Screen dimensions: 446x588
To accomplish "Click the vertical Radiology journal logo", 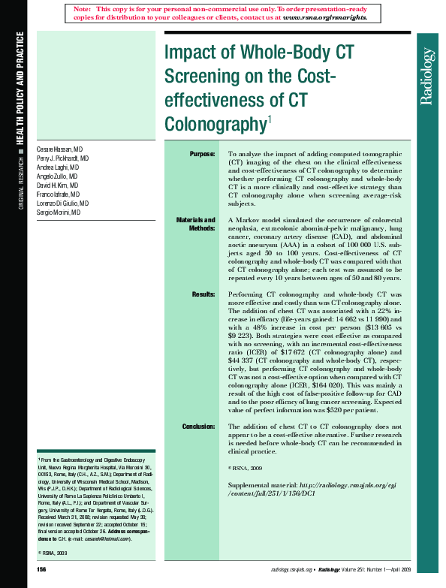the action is tap(428, 75).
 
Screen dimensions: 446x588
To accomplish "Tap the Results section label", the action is tap(203, 294).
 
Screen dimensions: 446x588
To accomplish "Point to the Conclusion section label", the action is tap(198, 427).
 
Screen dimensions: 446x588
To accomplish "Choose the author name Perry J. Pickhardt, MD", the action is tap(63, 160).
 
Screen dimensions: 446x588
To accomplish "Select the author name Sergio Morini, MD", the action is tap(59, 213).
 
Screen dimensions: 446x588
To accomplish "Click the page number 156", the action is tap(42, 571).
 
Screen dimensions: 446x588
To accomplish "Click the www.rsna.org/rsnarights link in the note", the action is tap(325, 16).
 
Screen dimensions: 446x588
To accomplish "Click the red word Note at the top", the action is tap(83, 8).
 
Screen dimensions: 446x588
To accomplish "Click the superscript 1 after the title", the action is tap(270, 119).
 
